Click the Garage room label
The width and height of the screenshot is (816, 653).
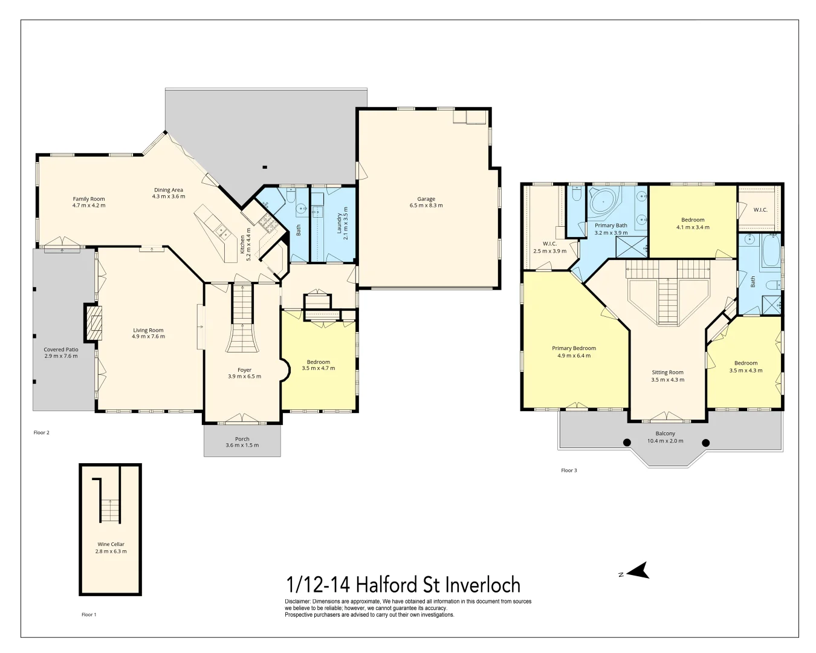click(x=426, y=199)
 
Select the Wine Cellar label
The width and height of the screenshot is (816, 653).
click(x=111, y=544)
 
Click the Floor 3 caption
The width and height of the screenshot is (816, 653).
click(x=569, y=470)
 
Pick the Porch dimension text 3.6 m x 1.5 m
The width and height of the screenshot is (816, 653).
click(x=242, y=445)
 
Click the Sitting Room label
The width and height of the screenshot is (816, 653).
click(x=667, y=372)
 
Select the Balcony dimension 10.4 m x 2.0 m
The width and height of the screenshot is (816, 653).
click(x=665, y=441)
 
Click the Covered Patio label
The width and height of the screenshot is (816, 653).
click(x=60, y=349)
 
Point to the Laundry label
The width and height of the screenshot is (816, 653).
click(x=339, y=223)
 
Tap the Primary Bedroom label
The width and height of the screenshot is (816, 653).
click(x=574, y=348)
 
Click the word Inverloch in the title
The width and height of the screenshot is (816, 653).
click(x=482, y=585)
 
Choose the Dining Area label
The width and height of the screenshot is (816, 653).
click(x=169, y=190)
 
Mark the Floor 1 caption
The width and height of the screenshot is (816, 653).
click(x=89, y=615)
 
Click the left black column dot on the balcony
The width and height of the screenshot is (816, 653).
click(x=627, y=443)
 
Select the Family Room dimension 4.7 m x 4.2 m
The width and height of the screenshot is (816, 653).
click(x=89, y=206)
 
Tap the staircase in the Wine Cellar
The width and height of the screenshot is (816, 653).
click(x=110, y=510)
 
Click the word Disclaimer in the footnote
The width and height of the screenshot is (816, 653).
click(x=297, y=602)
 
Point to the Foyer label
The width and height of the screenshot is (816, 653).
click(x=244, y=370)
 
